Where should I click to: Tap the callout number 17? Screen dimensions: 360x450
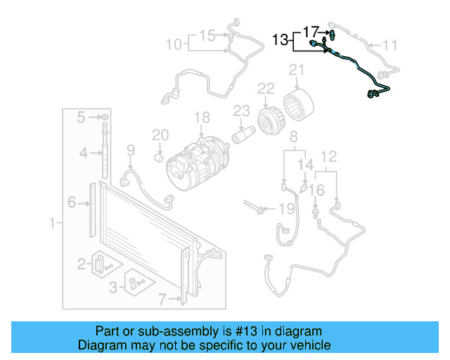coord(311,31)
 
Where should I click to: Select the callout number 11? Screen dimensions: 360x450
coord(390,46)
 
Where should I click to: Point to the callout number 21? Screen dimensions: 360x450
coord(297,70)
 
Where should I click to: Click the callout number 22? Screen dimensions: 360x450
coord(265,88)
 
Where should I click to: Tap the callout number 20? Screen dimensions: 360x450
coord(160,135)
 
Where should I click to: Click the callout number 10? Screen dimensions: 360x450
coord(173,45)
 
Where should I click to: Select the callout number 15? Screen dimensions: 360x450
coord(207,34)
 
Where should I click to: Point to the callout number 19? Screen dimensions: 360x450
coord(285,208)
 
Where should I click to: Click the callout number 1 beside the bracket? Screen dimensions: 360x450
coord(51,224)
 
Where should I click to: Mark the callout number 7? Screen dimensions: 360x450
coord(162,300)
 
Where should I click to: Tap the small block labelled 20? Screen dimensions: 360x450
coord(160,155)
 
